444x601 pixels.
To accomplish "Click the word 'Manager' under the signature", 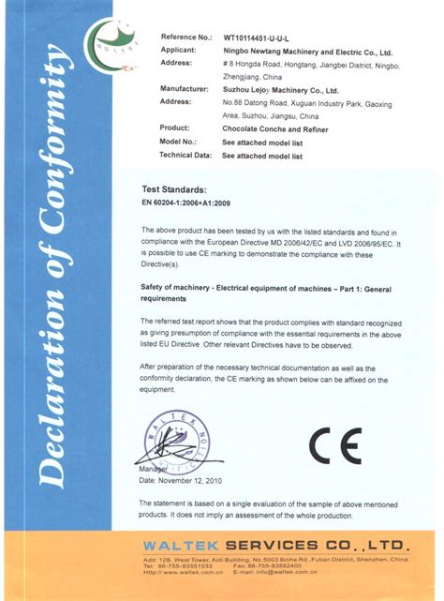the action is point(153,468).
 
